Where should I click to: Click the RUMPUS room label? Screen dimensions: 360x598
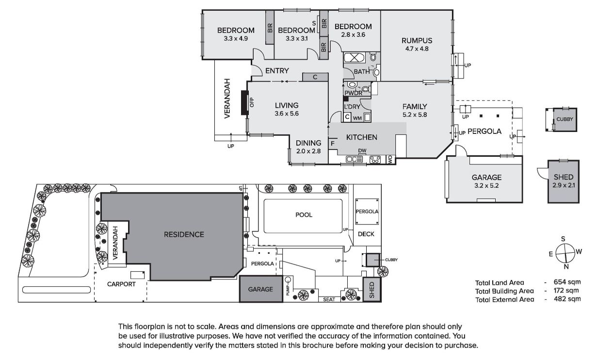[x=417, y=40]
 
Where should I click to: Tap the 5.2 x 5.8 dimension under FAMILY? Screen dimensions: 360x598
[x=414, y=115]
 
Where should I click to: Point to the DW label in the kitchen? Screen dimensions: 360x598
[x=362, y=150]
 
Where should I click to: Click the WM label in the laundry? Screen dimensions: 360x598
[x=357, y=118]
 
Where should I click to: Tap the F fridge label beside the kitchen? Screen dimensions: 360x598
[x=333, y=144]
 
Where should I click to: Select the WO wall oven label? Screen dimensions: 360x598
[x=389, y=159]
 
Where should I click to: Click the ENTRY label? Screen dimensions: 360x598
[x=277, y=71]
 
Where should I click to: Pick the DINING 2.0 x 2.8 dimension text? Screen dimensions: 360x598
[x=308, y=151]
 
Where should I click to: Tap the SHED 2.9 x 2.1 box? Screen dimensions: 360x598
[x=563, y=181]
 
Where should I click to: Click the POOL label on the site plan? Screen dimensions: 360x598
[x=304, y=214]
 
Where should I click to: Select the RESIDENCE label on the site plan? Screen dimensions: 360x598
[x=184, y=234]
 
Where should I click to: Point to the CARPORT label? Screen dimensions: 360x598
[x=121, y=284]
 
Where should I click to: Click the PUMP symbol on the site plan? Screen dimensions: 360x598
[x=288, y=280]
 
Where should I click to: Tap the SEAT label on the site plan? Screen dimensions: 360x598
[x=329, y=299]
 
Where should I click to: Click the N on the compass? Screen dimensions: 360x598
[x=566, y=266]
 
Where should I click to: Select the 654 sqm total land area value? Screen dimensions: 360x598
[x=569, y=282]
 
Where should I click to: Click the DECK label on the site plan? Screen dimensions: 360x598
[x=366, y=234]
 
